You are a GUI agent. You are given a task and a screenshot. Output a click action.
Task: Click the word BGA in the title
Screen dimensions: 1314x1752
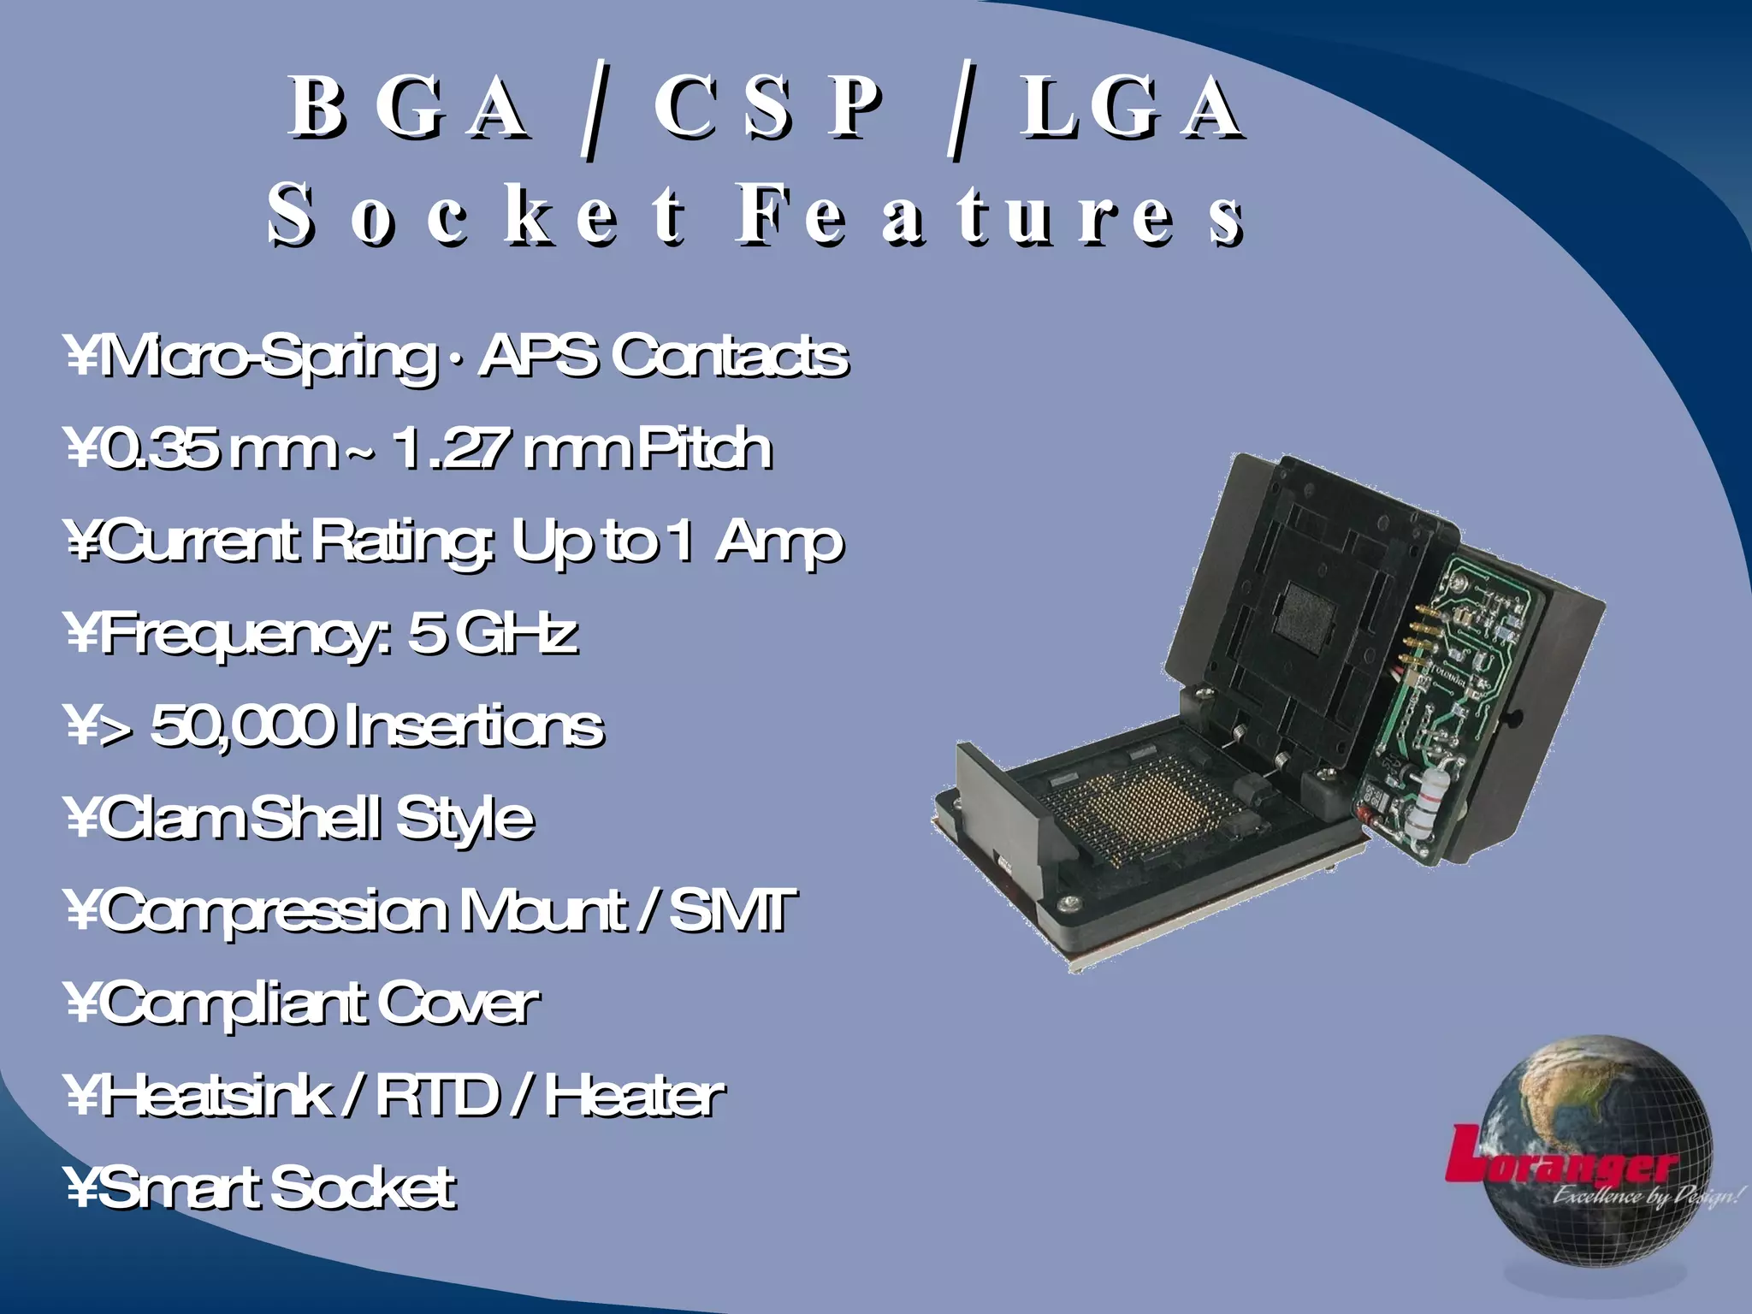(x=409, y=108)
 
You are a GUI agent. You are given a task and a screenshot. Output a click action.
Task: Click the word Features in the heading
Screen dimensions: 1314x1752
(x=990, y=216)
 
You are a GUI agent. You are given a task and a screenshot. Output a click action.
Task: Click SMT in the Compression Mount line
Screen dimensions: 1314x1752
(x=732, y=910)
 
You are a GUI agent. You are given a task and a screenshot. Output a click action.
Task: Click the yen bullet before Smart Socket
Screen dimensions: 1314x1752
(x=83, y=1188)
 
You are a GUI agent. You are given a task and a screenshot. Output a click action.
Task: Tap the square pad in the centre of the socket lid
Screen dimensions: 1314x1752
(x=1306, y=613)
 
